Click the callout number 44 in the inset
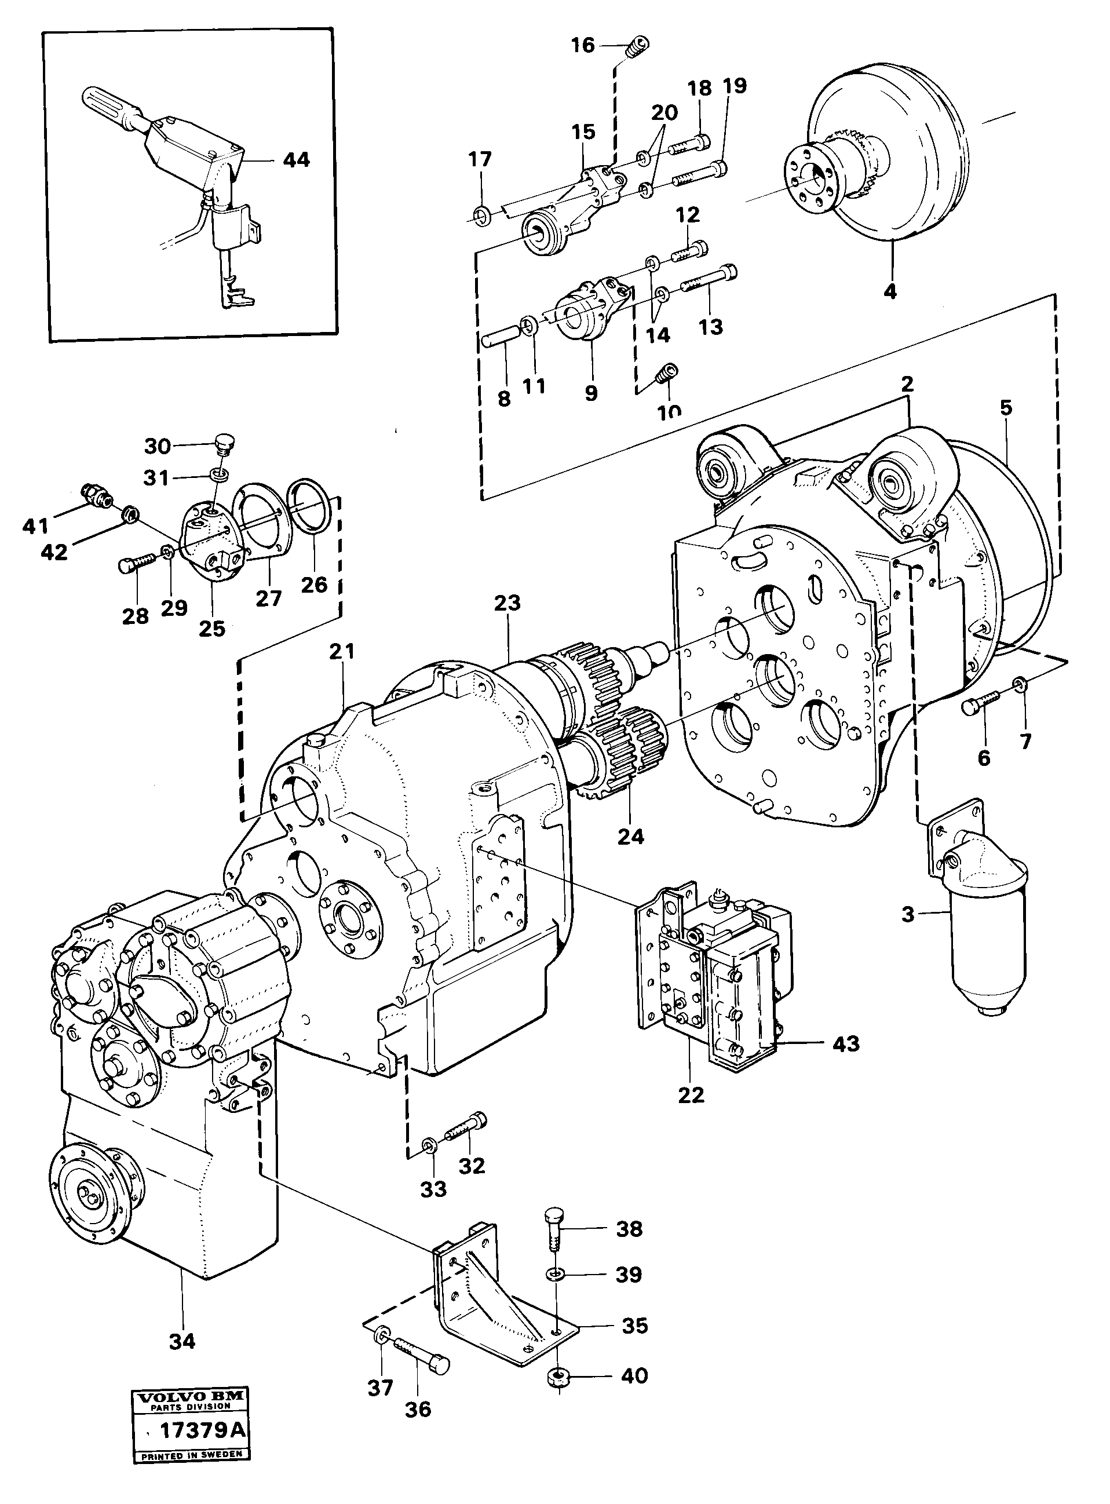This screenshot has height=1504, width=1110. [x=295, y=160]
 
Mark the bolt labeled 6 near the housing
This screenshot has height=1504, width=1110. [x=978, y=706]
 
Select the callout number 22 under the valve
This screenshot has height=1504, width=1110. [x=691, y=1095]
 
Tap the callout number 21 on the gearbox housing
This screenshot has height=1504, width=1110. [x=341, y=651]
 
